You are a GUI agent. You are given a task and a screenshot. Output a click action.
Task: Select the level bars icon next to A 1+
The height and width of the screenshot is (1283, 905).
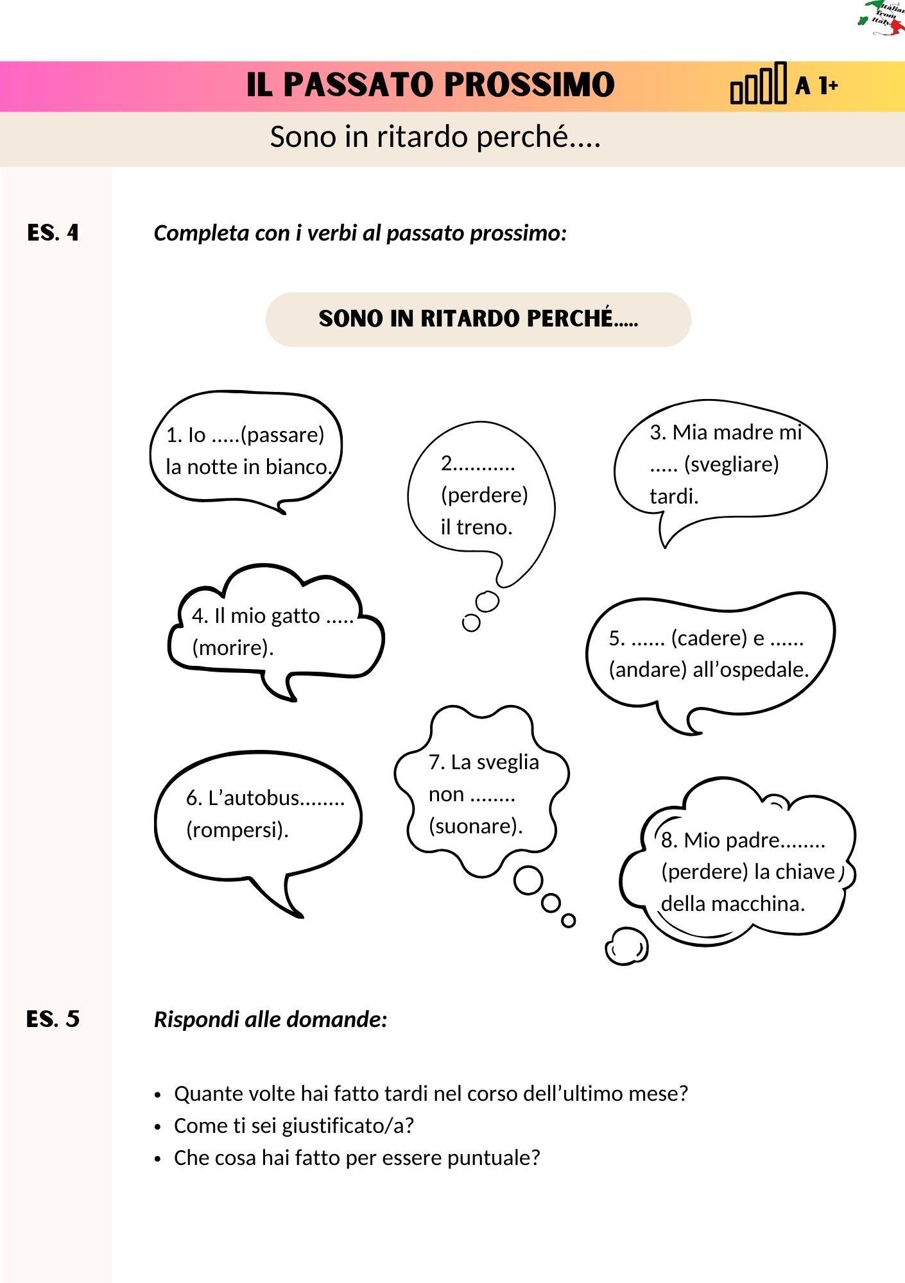click(x=758, y=83)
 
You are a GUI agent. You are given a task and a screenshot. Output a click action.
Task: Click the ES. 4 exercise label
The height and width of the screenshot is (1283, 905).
click(x=53, y=232)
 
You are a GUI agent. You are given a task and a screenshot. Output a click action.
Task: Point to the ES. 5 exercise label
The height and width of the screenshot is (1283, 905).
click(x=53, y=1019)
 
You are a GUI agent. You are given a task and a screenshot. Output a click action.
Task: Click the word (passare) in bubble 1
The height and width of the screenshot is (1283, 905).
click(x=282, y=435)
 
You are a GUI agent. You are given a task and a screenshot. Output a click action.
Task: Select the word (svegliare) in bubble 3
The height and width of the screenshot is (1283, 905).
click(x=731, y=464)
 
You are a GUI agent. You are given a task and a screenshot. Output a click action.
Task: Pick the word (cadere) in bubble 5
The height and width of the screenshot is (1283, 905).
click(x=709, y=638)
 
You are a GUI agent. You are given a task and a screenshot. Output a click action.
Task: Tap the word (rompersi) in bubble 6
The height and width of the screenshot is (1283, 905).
click(x=237, y=830)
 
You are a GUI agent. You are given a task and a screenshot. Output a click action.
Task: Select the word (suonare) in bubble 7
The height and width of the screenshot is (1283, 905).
click(x=476, y=826)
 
